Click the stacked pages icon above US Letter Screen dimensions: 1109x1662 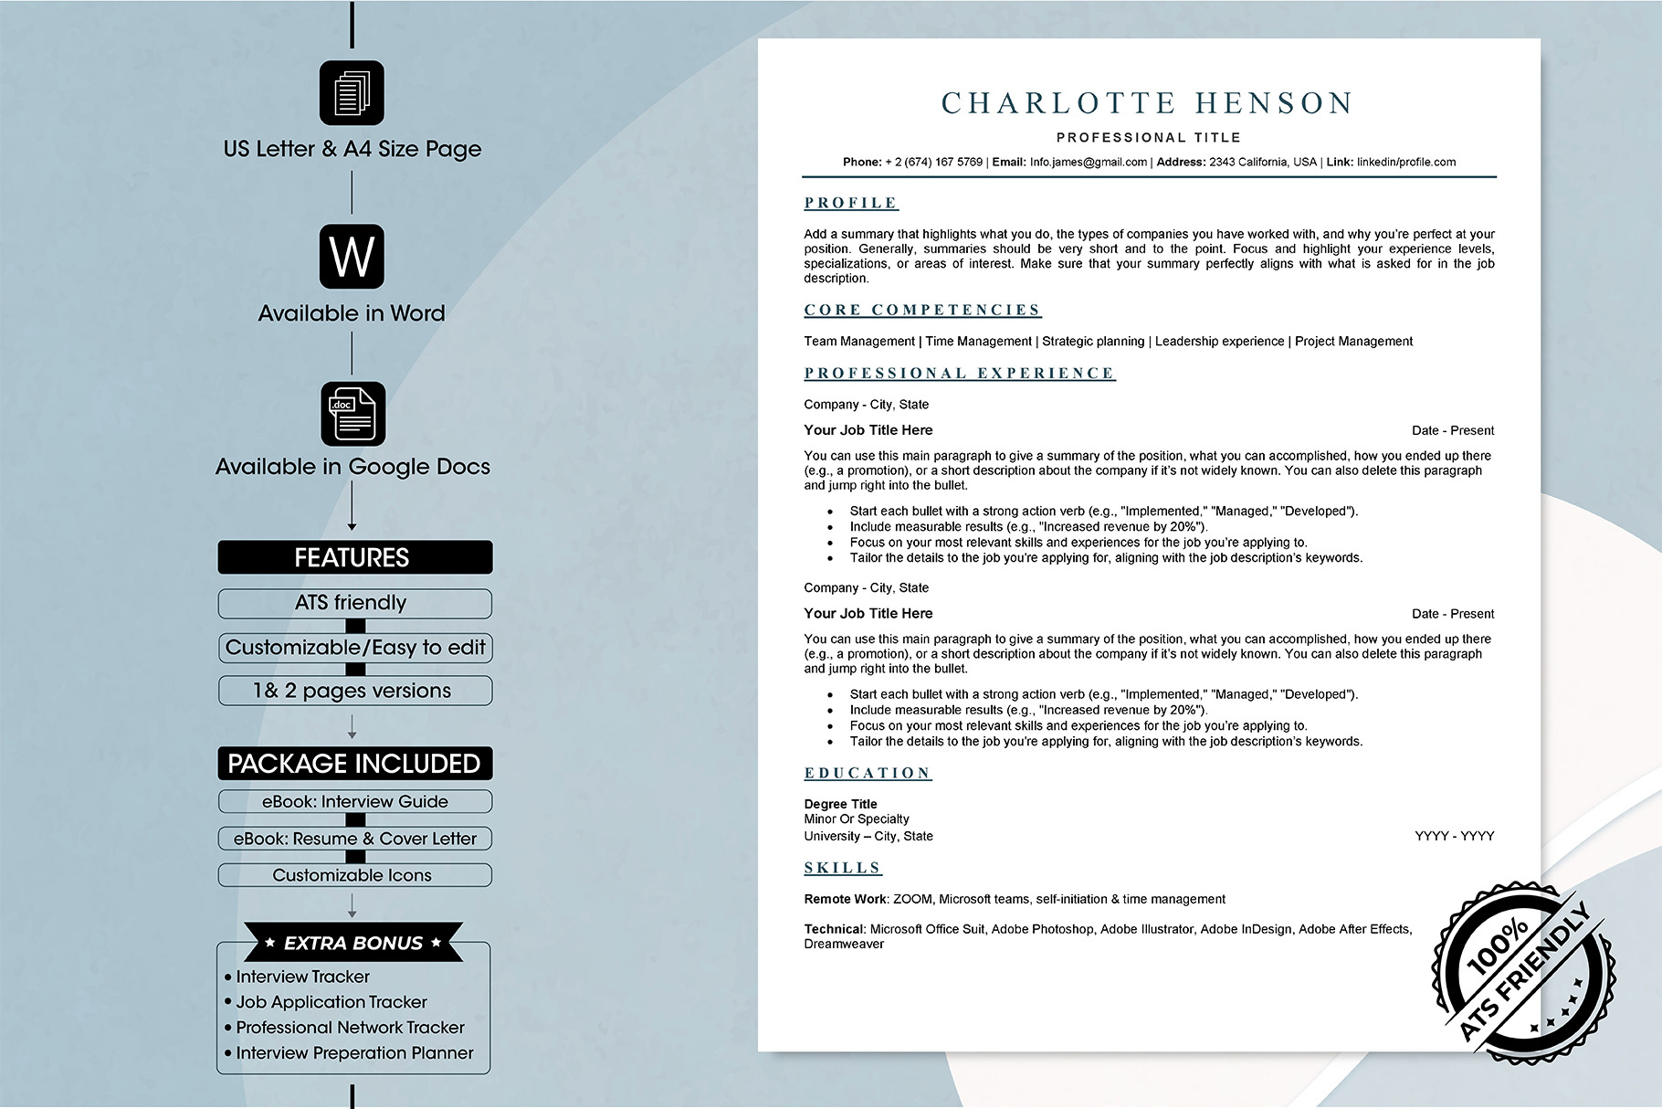click(352, 93)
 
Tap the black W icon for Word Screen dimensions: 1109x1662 click(352, 257)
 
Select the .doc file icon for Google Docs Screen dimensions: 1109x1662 click(353, 414)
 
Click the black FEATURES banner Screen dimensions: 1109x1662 click(354, 557)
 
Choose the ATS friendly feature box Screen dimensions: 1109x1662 click(354, 603)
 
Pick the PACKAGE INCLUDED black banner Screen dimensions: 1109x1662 click(354, 764)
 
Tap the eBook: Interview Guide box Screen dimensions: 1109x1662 click(354, 802)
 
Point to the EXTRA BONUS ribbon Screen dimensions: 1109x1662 click(353, 943)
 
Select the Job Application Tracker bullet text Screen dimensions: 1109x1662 click(331, 1002)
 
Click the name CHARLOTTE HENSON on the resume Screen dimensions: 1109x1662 click(1147, 103)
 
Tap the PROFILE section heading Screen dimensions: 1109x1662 click(851, 203)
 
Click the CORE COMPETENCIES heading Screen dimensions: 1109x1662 click(922, 310)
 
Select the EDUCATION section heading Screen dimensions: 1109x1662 click(868, 773)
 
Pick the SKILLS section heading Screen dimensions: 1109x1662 click(843, 868)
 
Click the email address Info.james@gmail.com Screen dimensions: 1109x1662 click(1088, 163)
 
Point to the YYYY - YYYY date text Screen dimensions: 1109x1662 click(1454, 836)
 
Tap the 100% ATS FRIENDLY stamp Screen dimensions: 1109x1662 click(1524, 973)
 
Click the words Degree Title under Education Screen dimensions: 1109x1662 click(840, 804)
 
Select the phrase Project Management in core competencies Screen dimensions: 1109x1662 click(1353, 342)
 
